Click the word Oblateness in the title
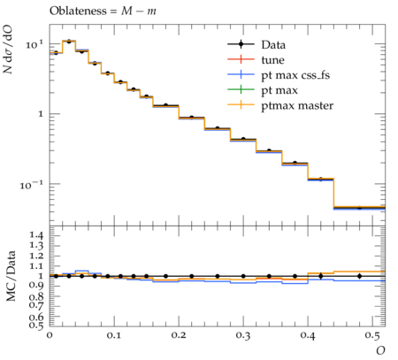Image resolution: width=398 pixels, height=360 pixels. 78,11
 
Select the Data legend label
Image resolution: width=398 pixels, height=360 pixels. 273,45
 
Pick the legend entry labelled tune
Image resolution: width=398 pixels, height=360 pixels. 272,60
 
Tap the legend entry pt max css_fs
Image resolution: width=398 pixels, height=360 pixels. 295,75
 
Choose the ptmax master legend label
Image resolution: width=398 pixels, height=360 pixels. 297,105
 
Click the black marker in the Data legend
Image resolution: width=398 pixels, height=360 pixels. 241,44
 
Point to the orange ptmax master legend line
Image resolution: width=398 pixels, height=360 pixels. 241,104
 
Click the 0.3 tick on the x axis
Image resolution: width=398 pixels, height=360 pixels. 243,335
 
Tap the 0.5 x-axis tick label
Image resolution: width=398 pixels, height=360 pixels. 372,335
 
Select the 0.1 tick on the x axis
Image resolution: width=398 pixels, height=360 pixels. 114,335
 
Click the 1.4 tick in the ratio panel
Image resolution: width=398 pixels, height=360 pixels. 36,235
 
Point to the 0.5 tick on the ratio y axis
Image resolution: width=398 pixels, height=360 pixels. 36,325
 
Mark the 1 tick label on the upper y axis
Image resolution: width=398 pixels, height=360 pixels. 41,114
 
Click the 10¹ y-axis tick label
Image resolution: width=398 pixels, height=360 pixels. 34,44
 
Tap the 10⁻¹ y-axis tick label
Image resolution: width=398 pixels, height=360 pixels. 32,185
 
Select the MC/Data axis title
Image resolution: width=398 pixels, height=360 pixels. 11,276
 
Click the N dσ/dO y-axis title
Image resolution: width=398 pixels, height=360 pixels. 8,50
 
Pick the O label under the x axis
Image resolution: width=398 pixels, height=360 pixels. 380,350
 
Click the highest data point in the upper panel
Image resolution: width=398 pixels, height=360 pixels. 69,42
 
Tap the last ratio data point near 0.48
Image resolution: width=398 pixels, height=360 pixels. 359,276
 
